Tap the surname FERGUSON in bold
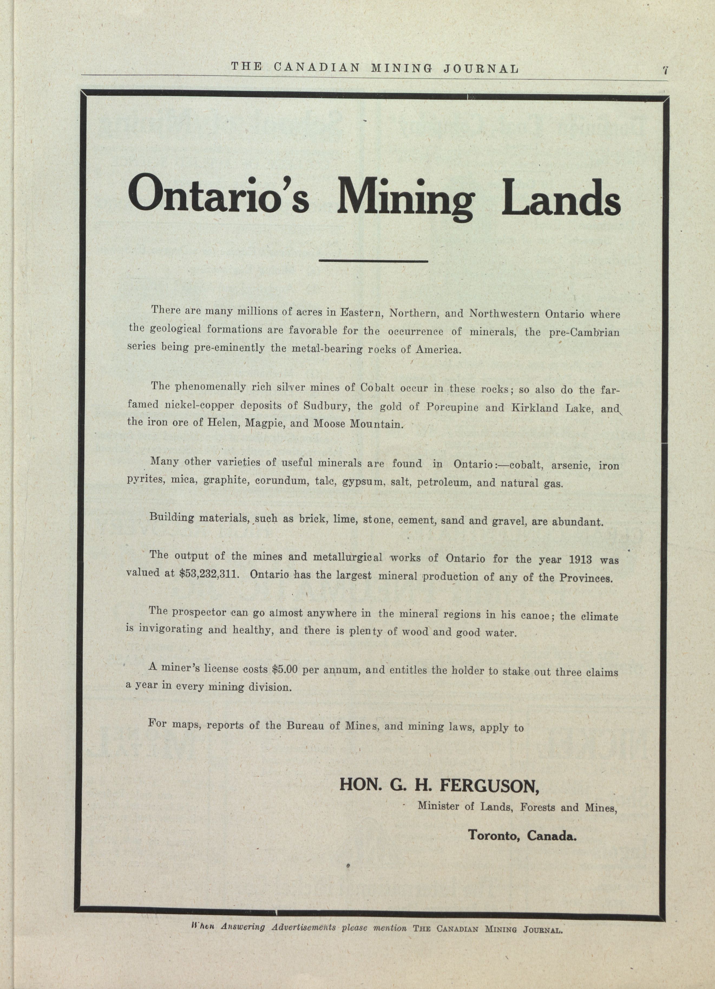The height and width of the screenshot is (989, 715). [x=490, y=786]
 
